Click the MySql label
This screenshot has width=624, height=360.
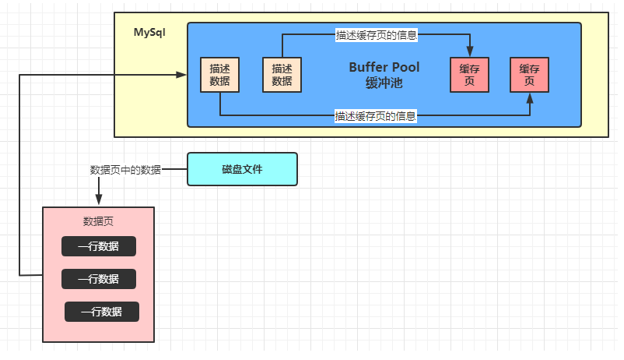pos(149,32)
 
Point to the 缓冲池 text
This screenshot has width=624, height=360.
pos(384,82)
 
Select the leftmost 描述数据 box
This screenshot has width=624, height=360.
pos(219,75)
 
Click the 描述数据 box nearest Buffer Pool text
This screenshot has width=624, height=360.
pos(282,75)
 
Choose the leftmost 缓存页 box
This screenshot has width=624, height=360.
pos(470,75)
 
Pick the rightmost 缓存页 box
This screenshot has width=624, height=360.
pos(529,75)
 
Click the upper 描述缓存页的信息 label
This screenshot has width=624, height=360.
pos(377,34)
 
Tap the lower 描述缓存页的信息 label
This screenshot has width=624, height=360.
pos(377,116)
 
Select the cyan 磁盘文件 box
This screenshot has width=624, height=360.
pos(242,168)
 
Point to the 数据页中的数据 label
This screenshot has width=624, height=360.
pos(124,168)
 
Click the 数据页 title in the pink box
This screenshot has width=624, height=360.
pos(98,221)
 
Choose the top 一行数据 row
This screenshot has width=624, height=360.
pos(99,246)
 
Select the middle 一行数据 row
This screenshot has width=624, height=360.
pos(99,279)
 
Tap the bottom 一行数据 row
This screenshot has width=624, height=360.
pos(102,312)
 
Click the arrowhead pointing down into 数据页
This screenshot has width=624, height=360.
pos(99,201)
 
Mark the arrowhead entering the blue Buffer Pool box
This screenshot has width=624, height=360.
pos(182,75)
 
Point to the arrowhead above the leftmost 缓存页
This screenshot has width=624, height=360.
pos(470,52)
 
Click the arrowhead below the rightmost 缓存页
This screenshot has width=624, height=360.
pos(530,98)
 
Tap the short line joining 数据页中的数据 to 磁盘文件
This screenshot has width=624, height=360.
pos(174,168)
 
